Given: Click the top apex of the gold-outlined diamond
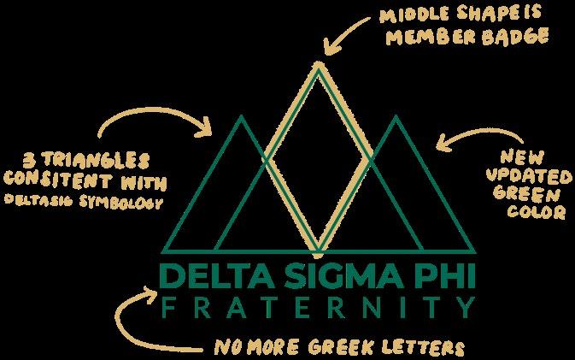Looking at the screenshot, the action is pyautogui.click(x=317, y=62).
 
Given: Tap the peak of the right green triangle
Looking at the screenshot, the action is pyautogui.click(x=395, y=115).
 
